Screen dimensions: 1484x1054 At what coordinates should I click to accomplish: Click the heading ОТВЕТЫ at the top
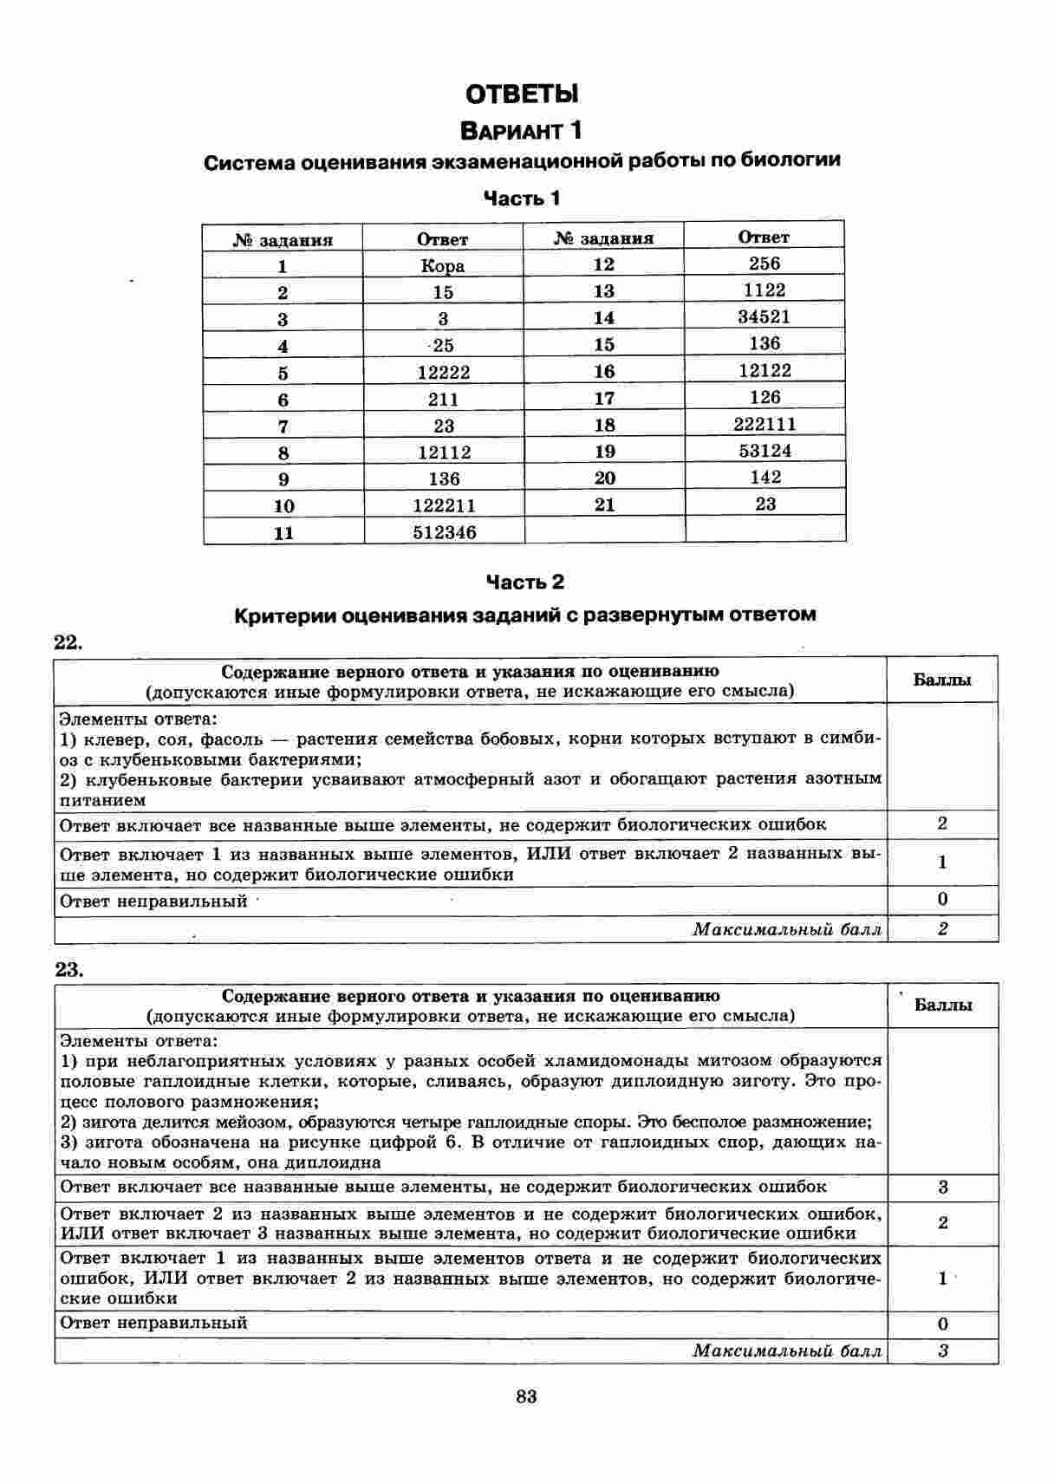[x=522, y=93]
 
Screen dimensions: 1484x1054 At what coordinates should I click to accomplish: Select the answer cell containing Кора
[x=443, y=266]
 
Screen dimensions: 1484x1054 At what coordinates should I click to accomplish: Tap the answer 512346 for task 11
[x=444, y=532]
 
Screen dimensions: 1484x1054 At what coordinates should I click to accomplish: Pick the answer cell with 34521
[x=764, y=316]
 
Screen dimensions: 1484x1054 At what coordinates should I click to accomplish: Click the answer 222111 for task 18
[x=764, y=424]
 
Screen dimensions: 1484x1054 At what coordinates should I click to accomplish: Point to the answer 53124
[x=764, y=451]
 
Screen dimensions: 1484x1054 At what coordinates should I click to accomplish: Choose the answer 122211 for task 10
[x=444, y=505]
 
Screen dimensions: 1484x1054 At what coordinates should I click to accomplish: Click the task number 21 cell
[x=604, y=504]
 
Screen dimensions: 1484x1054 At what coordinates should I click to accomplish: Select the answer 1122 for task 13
[x=764, y=290]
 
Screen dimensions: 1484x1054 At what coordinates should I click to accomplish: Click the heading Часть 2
[x=524, y=582]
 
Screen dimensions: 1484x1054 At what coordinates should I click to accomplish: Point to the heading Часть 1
[x=522, y=199]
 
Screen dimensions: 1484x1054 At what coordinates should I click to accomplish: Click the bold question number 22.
[x=68, y=642]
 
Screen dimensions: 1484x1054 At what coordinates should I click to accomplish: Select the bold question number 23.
[x=68, y=969]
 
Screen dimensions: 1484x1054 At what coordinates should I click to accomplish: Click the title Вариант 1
[x=522, y=131]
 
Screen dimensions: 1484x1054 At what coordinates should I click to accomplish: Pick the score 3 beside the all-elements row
[x=943, y=1187]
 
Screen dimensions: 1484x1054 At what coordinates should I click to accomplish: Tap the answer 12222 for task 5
[x=443, y=373]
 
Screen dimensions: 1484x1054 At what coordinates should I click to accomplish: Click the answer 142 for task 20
[x=764, y=478]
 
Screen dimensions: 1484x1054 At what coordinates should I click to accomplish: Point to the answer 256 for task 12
[x=764, y=264]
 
